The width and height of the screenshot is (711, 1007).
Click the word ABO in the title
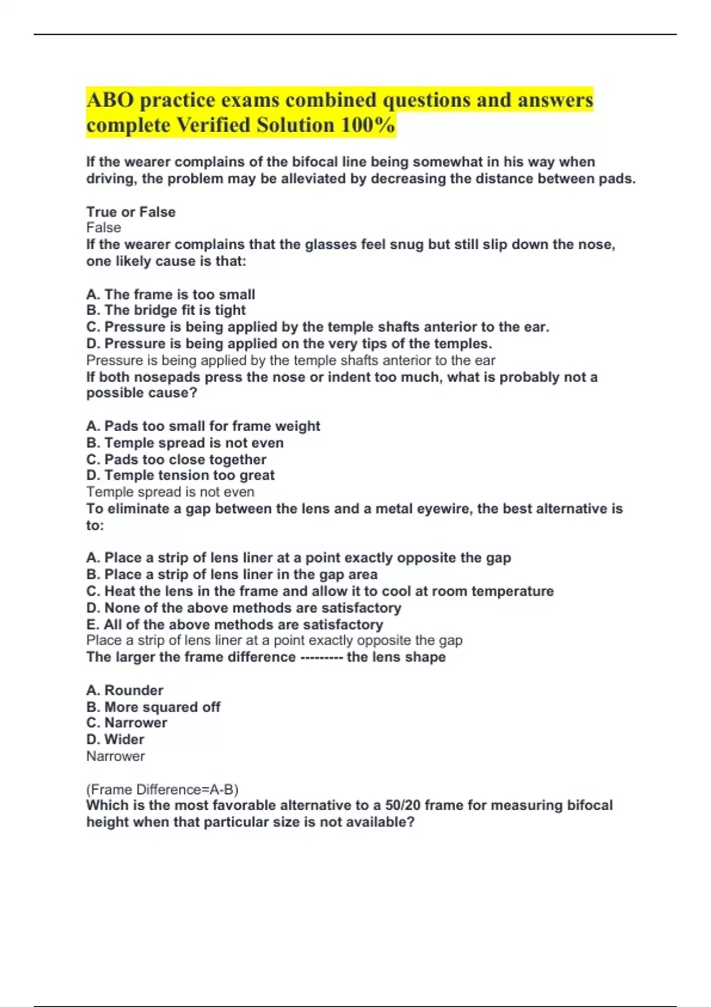pyautogui.click(x=110, y=100)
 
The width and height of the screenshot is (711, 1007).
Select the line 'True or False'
pyautogui.click(x=131, y=212)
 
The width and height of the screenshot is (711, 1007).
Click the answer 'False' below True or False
pyautogui.click(x=104, y=228)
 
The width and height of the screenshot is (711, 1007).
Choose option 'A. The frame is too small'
pyautogui.click(x=171, y=294)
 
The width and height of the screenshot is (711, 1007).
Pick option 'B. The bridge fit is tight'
pyautogui.click(x=166, y=310)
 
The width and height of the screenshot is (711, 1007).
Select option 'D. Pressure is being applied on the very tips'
pyautogui.click(x=289, y=344)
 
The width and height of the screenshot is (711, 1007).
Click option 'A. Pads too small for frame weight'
pyautogui.click(x=203, y=426)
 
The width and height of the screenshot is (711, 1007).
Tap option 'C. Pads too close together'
pyautogui.click(x=177, y=460)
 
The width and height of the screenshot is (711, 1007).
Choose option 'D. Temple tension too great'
pyautogui.click(x=180, y=476)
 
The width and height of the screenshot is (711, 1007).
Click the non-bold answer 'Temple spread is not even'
pyautogui.click(x=170, y=492)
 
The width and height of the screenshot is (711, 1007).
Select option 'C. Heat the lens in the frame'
pyautogui.click(x=320, y=591)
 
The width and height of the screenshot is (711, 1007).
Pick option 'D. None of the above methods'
pyautogui.click(x=244, y=608)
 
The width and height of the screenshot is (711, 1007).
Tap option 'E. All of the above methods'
pyautogui.click(x=235, y=624)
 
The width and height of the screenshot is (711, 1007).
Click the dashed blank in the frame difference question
pyautogui.click(x=321, y=658)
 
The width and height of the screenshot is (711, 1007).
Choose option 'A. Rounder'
pyautogui.click(x=124, y=691)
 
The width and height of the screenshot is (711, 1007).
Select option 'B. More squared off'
pyautogui.click(x=153, y=707)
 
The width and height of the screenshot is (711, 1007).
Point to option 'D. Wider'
pyautogui.click(x=115, y=740)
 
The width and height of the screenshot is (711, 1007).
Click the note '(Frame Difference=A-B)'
pyautogui.click(x=162, y=790)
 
